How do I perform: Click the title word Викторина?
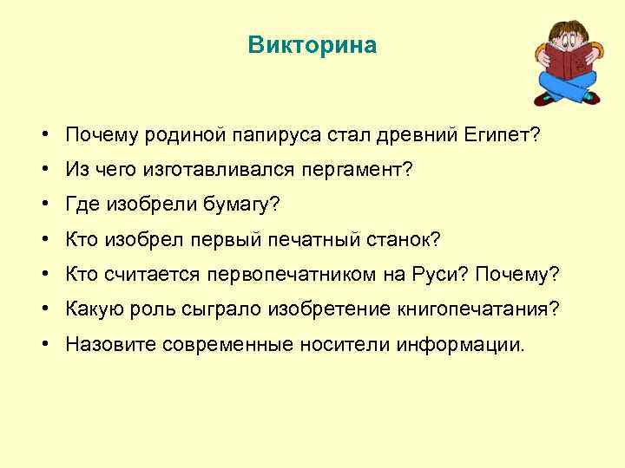coord(312,45)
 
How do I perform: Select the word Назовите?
coord(109,344)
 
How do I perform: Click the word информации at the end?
coord(461,344)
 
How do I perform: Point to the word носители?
coord(347,344)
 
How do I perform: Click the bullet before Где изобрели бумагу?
coord(43,205)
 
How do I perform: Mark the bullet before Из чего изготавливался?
coord(43,171)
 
